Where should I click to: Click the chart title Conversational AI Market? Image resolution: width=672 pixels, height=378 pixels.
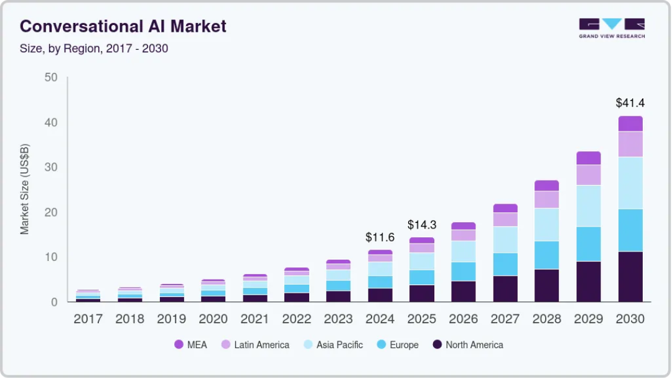click(123, 26)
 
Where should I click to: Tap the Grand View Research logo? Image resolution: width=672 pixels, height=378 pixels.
click(612, 28)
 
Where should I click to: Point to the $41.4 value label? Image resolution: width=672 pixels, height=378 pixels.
click(630, 103)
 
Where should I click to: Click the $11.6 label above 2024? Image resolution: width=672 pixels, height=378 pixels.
click(380, 237)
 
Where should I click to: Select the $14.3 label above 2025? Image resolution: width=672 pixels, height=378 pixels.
click(422, 225)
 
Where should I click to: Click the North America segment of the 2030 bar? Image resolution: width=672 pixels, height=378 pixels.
click(630, 276)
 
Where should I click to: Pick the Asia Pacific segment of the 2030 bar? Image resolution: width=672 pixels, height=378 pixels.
click(630, 182)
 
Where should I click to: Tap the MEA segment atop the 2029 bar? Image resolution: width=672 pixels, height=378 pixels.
click(589, 158)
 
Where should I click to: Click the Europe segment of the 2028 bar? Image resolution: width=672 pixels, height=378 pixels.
click(546, 255)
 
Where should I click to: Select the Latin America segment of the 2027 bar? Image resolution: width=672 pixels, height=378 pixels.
click(505, 219)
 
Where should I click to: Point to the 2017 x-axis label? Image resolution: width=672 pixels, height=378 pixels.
click(88, 319)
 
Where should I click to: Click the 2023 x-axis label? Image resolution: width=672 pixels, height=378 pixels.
click(338, 319)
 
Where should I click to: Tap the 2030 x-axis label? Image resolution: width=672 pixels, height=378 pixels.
click(630, 319)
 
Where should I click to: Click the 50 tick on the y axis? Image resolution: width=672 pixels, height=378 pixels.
click(50, 78)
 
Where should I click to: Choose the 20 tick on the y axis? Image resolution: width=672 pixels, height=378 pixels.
click(50, 212)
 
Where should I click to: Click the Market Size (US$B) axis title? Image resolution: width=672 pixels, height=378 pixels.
click(25, 189)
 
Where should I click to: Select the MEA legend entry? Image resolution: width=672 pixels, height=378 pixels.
click(190, 344)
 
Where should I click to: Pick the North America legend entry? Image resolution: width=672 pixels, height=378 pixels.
click(468, 344)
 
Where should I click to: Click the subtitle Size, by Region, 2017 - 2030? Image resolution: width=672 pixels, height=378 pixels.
click(94, 48)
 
